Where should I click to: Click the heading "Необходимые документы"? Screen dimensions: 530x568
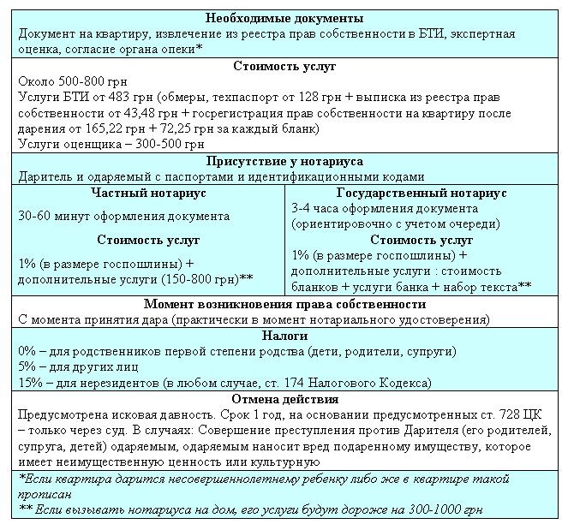coord(284,19)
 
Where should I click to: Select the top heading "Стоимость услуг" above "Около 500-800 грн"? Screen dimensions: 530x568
coord(284,66)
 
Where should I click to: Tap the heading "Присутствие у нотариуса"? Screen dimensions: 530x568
coord(284,161)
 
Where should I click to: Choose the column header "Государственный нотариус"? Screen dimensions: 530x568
coord(422,194)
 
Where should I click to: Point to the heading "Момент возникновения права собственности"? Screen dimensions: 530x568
coord(284,304)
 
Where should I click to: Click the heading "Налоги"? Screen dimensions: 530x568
coord(284,336)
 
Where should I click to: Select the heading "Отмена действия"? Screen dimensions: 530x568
coord(284,399)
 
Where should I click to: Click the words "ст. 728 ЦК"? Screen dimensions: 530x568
coord(511,414)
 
